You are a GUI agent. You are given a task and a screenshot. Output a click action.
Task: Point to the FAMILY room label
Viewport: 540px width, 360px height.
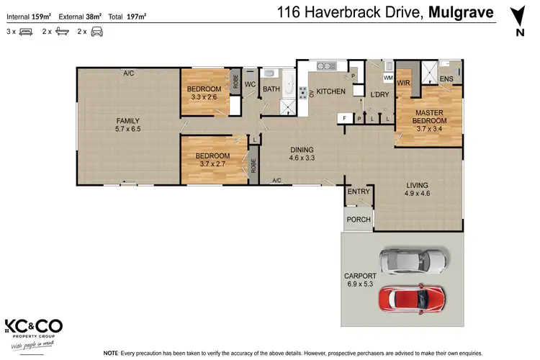[128, 121]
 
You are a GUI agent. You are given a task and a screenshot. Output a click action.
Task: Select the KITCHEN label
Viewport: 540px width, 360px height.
[331, 91]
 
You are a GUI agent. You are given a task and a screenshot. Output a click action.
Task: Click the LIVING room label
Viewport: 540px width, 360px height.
[417, 184]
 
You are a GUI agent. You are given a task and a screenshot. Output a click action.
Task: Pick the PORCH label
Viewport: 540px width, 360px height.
[358, 220]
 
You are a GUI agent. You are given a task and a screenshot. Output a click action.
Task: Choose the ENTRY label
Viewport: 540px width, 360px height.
[358, 192]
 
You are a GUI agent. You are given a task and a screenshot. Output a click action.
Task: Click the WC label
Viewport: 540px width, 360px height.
[250, 84]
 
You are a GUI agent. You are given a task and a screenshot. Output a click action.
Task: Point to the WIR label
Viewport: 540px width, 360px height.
[403, 83]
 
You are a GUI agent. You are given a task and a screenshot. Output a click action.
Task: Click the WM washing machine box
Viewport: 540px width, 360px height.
[388, 77]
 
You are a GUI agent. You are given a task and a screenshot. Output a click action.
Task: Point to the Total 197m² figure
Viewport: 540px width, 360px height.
[127, 14]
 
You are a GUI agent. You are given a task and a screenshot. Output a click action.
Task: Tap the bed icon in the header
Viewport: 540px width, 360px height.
[27, 32]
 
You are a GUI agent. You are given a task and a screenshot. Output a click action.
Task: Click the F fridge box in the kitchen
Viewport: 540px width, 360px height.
[345, 117]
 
